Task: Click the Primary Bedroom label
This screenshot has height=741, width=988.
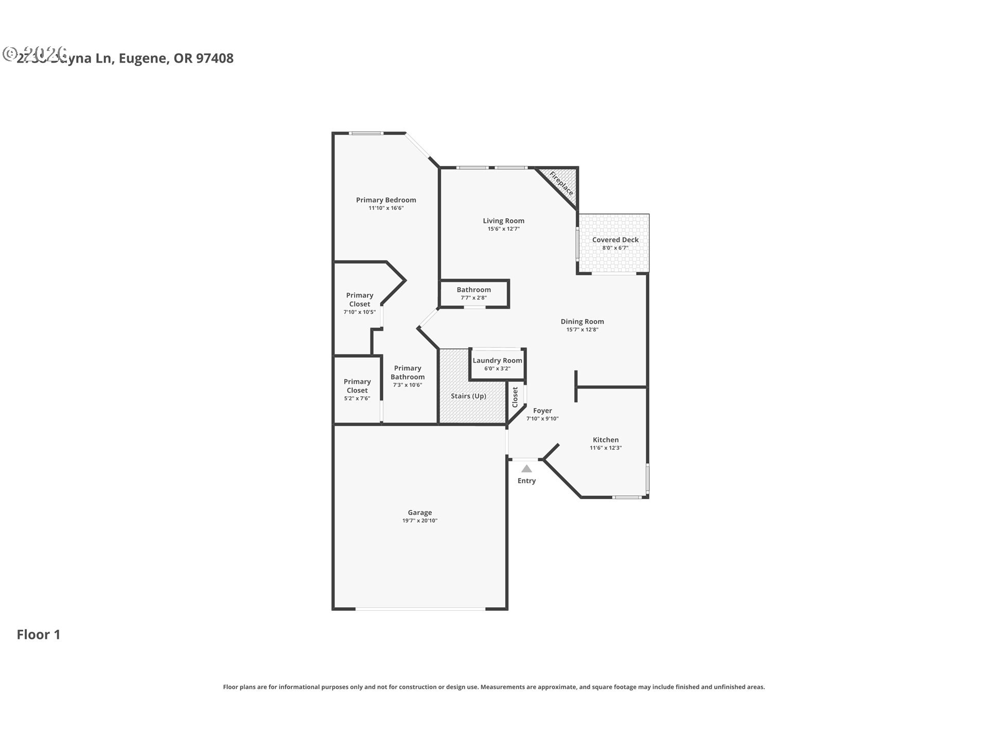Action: click(386, 200)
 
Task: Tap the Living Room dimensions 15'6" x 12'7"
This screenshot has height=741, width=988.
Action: click(503, 229)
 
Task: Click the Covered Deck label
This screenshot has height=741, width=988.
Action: click(615, 240)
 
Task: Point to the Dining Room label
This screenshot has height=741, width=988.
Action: click(582, 322)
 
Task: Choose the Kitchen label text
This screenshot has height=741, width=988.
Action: click(605, 440)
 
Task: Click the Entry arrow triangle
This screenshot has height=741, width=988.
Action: click(526, 469)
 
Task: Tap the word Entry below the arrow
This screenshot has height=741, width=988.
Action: click(526, 481)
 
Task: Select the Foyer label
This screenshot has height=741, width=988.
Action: click(542, 411)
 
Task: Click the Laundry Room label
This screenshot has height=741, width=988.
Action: click(497, 361)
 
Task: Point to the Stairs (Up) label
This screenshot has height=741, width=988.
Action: click(468, 396)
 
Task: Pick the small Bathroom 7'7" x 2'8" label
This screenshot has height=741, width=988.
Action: click(473, 293)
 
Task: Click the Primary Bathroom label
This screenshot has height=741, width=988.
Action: click(408, 373)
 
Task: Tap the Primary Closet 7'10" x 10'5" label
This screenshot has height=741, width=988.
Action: click(359, 299)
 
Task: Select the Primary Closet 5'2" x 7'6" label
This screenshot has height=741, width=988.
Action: click(357, 386)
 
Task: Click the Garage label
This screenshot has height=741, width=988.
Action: click(419, 513)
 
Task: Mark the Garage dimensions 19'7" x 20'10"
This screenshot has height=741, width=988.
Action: click(419, 521)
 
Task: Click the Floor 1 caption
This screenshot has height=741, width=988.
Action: click(39, 634)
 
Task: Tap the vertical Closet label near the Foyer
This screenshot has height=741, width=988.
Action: click(515, 397)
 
